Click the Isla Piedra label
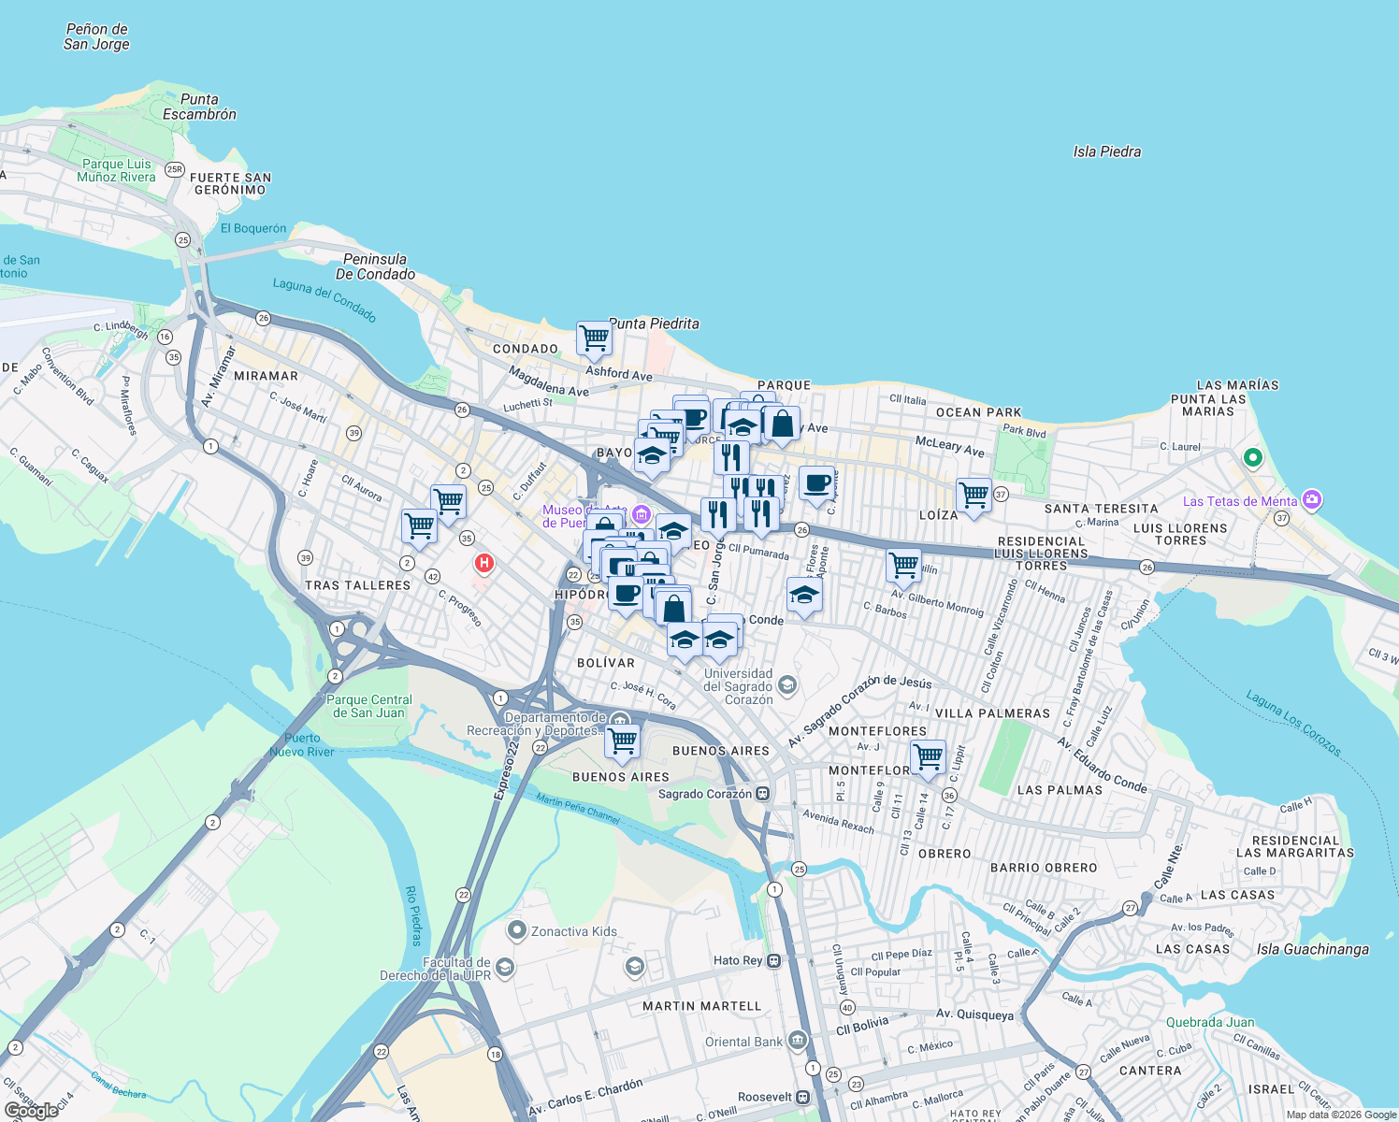(x=1106, y=151)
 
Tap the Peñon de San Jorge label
(x=96, y=36)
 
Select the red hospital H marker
(x=484, y=563)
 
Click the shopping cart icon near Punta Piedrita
(x=594, y=338)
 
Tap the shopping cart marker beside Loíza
(x=974, y=496)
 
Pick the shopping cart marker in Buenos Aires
(x=622, y=741)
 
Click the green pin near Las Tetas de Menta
(x=1252, y=458)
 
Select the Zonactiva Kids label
(x=573, y=931)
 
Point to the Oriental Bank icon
(x=797, y=1040)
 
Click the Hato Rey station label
(x=739, y=960)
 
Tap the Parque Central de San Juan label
(x=369, y=706)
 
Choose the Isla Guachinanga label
(x=1312, y=949)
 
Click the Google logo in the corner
(x=32, y=1110)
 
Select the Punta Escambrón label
(x=199, y=107)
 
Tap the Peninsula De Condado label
(x=375, y=266)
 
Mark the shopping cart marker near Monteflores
(x=928, y=757)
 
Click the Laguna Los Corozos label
(x=1293, y=722)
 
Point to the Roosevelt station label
(x=765, y=1097)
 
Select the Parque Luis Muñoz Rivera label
(x=116, y=170)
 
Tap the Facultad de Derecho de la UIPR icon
(x=505, y=967)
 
